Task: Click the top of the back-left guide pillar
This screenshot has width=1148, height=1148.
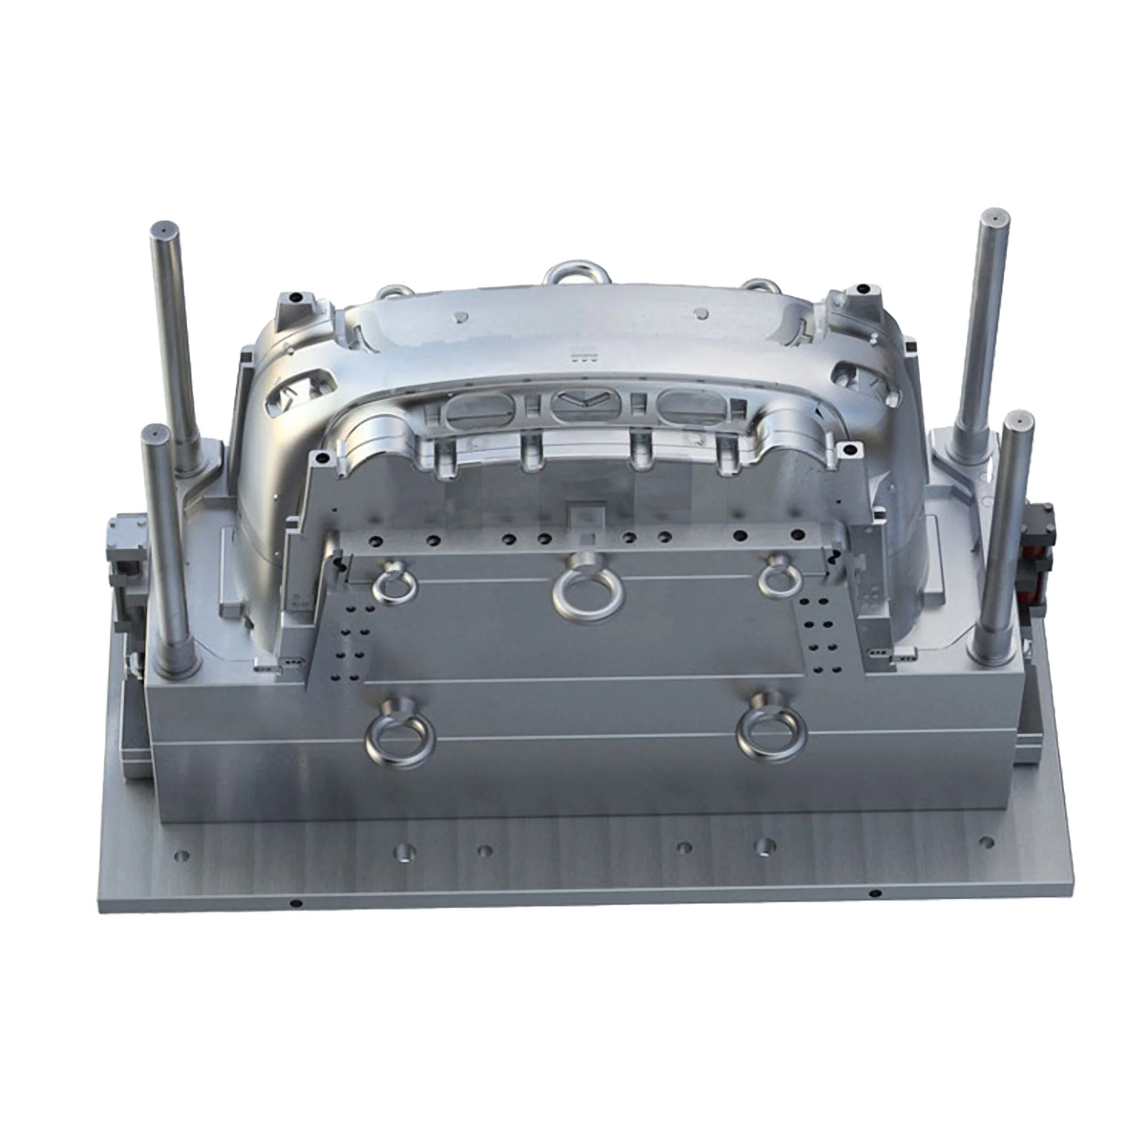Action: [163, 228]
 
